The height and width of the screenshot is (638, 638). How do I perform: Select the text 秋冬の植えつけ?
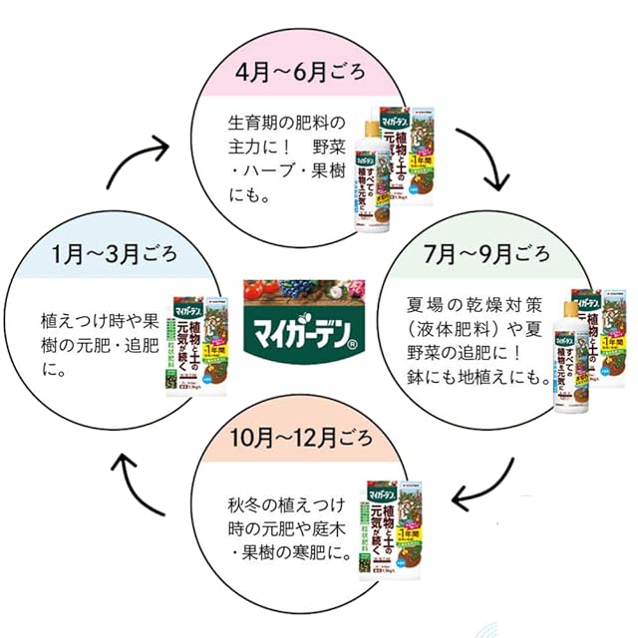(x=284, y=501)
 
